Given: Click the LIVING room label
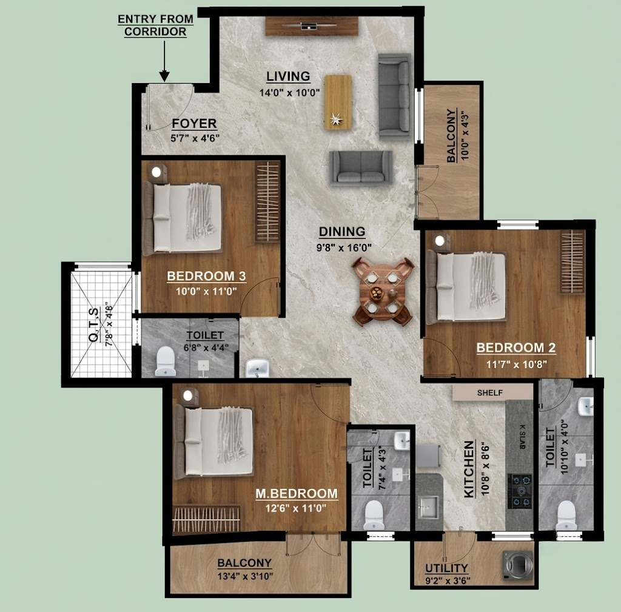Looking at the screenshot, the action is pos(288,76).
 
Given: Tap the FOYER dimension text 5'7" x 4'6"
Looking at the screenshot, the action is pos(195,138).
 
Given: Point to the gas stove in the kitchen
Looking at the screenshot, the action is pos(520,491).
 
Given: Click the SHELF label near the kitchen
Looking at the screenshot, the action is pos(490,392).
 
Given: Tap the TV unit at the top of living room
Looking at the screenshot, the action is pos(312,27).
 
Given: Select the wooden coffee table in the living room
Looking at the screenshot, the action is pos(338,102).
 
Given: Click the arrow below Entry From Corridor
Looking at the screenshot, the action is pos(164,61).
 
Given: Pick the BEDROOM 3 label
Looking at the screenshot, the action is pos(206,276).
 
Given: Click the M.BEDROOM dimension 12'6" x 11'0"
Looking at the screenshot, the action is pos(296,508).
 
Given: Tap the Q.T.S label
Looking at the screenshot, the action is pos(94,326).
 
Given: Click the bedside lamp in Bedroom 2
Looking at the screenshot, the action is pos(439,240).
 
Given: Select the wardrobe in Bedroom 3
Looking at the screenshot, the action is pos(267,201).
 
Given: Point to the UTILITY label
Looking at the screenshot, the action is pos(447,568).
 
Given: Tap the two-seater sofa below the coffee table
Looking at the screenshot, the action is pos(361,168).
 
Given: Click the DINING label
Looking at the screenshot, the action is pos(342,232).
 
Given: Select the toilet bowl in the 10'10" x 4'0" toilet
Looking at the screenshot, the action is pos(566,516).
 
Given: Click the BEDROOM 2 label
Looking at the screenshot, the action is pos(516,348).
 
